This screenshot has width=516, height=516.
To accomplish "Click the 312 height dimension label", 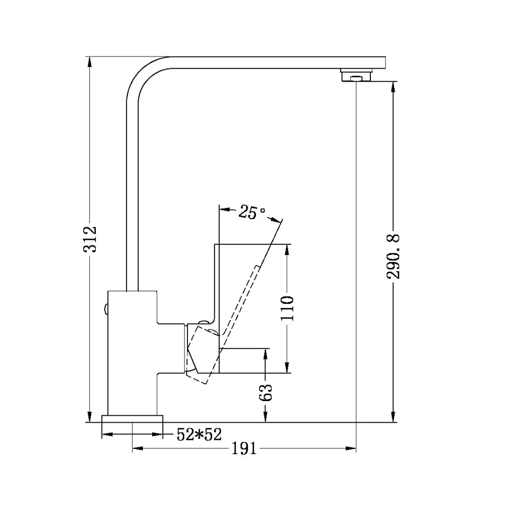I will tap(91, 239).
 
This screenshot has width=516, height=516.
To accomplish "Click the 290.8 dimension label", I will tap(393, 256).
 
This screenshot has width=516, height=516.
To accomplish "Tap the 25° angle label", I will tap(251, 212).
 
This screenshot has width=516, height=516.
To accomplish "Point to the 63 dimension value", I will tap(266, 392).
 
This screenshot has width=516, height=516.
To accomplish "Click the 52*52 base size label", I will tap(199, 434).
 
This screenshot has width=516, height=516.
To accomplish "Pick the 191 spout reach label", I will tap(244, 448).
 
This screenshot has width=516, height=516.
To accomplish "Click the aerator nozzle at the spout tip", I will tap(357, 76).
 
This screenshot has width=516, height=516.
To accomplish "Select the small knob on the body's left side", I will tap(105, 308).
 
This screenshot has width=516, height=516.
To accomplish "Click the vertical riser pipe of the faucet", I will tap(132, 202).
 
